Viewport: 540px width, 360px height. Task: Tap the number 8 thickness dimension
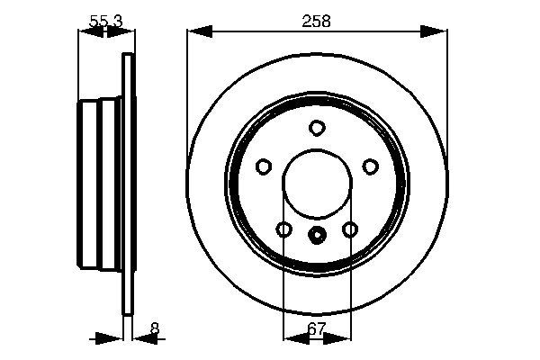click(155, 329)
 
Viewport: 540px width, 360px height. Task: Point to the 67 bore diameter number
click(317, 329)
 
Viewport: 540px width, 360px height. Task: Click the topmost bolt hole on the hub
click(317, 128)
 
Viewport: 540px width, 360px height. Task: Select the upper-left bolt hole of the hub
click(264, 166)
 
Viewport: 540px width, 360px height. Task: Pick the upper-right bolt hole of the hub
click(370, 166)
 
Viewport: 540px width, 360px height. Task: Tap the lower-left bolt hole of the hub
click(283, 230)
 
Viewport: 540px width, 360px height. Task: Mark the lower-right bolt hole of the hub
click(350, 230)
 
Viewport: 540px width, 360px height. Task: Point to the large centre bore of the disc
click(317, 184)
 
